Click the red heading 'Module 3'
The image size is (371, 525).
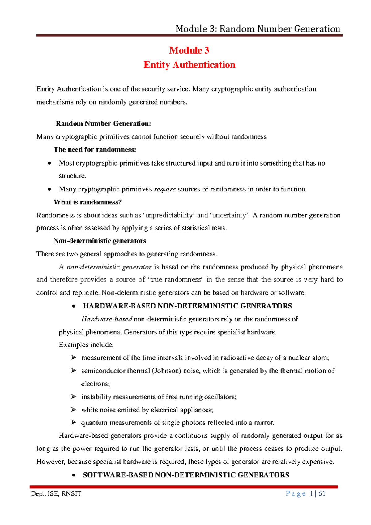pyautogui.click(x=189, y=50)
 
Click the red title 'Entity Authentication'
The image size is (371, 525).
pyautogui.click(x=189, y=65)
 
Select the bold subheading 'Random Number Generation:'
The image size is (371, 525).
pyautogui.click(x=103, y=124)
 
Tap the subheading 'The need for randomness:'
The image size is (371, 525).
pyautogui.click(x=95, y=150)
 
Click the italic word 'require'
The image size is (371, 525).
pyautogui.click(x=165, y=189)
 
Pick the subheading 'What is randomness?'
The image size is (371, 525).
pyautogui.click(x=87, y=202)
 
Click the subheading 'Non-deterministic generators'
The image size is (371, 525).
pyautogui.click(x=100, y=241)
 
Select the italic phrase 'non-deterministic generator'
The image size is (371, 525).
pyautogui.click(x=109, y=267)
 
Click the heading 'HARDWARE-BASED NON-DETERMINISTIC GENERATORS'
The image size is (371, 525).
pyautogui.click(x=187, y=306)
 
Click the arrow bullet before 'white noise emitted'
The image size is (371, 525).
pyautogui.click(x=73, y=410)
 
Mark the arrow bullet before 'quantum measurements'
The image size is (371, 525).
pyautogui.click(x=73, y=423)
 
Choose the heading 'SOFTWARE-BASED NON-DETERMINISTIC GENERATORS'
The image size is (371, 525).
pyautogui.click(x=186, y=475)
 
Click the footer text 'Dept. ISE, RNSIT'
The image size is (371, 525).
pyautogui.click(x=56, y=494)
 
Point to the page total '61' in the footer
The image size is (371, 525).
pyautogui.click(x=322, y=493)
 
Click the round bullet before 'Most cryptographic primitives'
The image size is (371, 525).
pyautogui.click(x=49, y=163)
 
